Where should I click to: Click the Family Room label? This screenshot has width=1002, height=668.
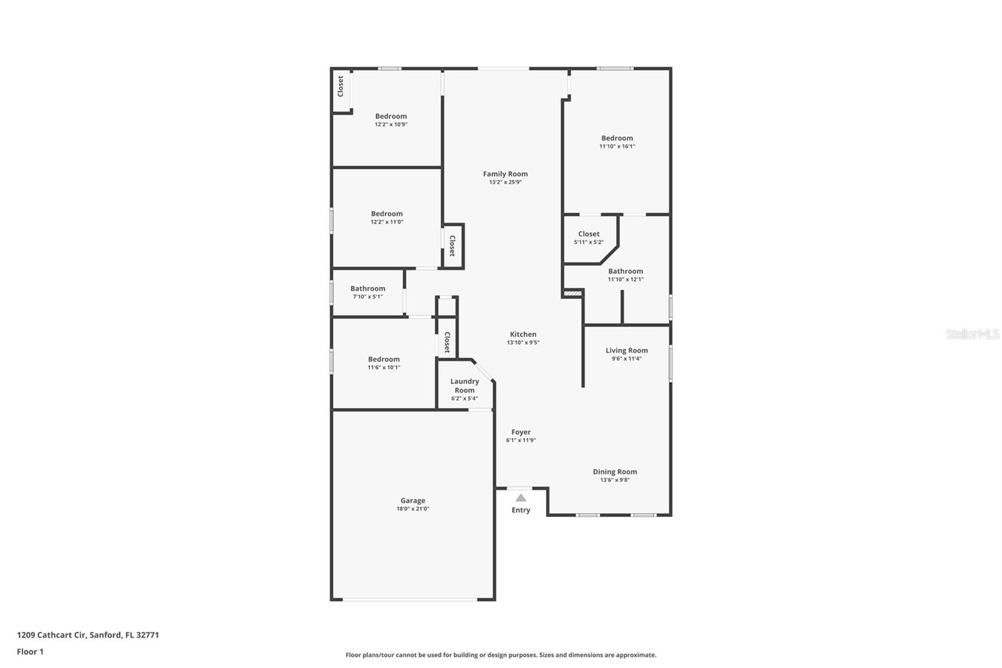click(505, 174)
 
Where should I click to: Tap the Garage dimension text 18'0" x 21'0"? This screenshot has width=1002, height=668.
click(413, 509)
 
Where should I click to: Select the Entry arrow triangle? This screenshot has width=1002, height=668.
click(520, 498)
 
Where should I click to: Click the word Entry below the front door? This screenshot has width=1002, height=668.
click(520, 510)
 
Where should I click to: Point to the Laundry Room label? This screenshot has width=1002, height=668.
click(464, 385)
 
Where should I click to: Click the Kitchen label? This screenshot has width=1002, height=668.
click(522, 335)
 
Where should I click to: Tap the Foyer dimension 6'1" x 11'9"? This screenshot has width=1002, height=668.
click(520, 441)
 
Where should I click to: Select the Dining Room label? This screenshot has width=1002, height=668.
click(614, 472)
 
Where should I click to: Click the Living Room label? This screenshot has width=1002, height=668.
click(626, 350)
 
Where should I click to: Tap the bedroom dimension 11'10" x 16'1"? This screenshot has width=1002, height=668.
click(617, 146)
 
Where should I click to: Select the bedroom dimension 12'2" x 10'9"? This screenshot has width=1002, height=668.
click(391, 124)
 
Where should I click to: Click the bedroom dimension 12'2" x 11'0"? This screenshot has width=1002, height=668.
click(386, 222)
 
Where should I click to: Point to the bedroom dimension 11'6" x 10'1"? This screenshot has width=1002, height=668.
click(383, 367)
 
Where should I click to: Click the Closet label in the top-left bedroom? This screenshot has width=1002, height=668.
click(341, 86)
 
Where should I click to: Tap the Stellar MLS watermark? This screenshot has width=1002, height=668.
click(972, 335)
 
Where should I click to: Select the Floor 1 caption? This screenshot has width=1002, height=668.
click(30, 652)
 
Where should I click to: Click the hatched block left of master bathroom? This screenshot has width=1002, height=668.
click(572, 293)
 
